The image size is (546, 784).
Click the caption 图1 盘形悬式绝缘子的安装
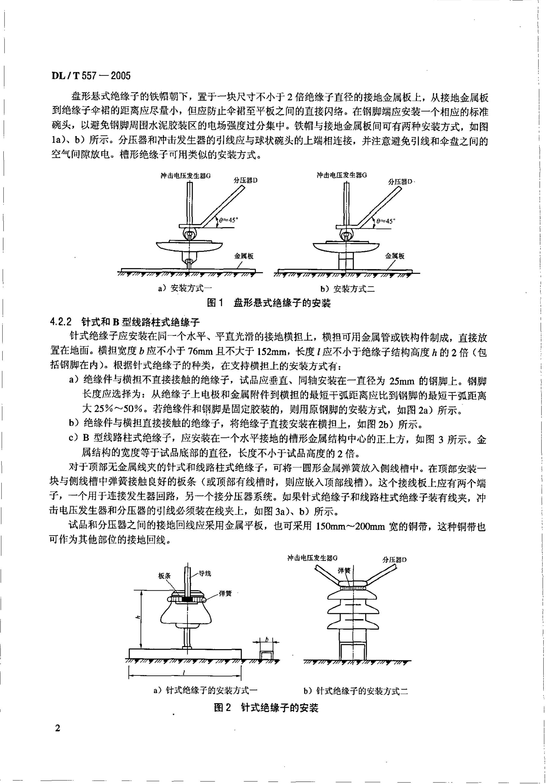pyautogui.click(x=269, y=303)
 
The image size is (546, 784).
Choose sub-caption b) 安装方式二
pyautogui.click(x=347, y=289)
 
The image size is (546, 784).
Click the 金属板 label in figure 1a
pyautogui.click(x=244, y=256)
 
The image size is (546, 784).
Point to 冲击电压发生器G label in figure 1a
pyautogui.click(x=186, y=176)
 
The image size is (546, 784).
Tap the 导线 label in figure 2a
pyautogui.click(x=205, y=573)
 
